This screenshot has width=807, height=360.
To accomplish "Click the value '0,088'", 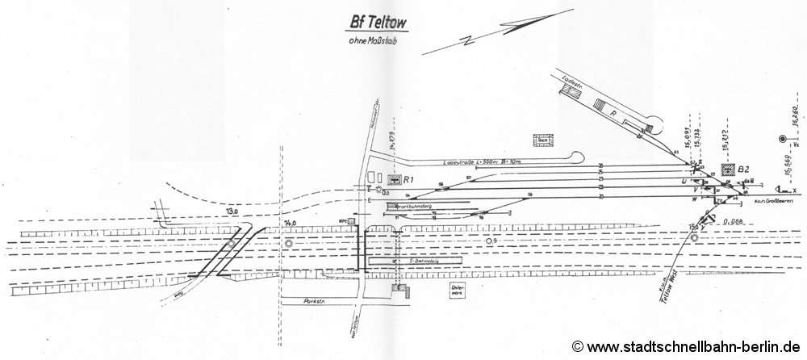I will [733, 220].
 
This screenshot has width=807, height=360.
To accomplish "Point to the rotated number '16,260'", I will [795, 125].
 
